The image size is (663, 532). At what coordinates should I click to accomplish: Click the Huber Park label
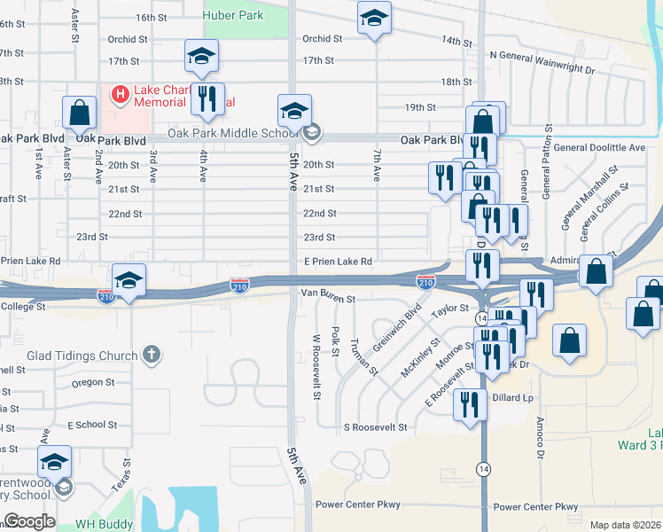233,15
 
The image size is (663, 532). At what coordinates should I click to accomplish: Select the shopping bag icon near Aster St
80,113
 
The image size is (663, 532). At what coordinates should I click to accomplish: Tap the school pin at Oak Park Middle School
295,111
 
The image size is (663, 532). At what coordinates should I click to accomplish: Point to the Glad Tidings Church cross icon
152,355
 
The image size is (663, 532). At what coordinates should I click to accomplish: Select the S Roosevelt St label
375,427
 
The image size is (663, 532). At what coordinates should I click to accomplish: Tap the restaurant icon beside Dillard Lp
470,405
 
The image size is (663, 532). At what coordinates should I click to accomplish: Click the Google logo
29,521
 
